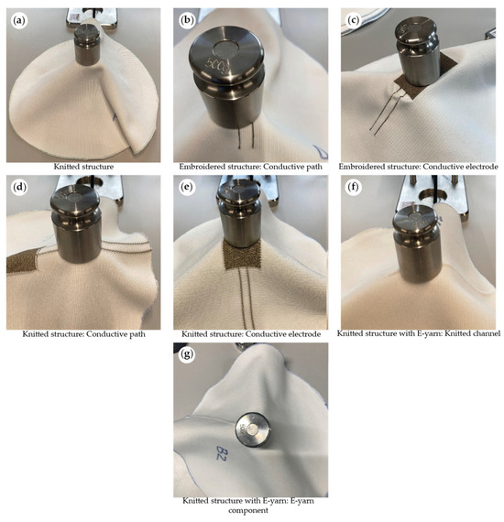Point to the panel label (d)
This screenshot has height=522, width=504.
16,187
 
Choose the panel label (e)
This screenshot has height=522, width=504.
183,187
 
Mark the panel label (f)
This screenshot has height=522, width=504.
350,187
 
